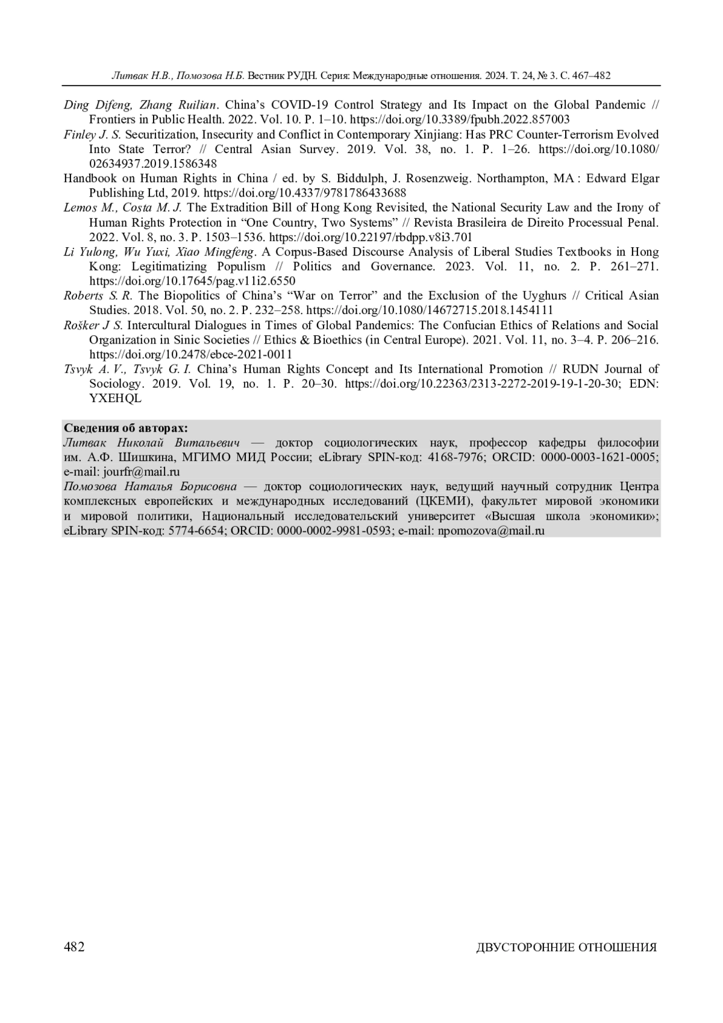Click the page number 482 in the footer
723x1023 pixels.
click(x=74, y=947)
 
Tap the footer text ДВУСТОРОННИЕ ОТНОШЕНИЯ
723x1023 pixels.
click(x=566, y=948)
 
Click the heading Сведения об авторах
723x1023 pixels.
click(x=126, y=428)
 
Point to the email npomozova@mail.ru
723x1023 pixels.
click(x=490, y=531)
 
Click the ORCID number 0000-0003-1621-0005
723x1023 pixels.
click(x=599, y=457)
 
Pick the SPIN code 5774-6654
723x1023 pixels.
click(x=198, y=531)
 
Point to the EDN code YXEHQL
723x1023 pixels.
click(x=115, y=398)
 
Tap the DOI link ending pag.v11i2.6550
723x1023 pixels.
click(x=193, y=281)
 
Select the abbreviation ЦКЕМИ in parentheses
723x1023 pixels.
click(x=446, y=502)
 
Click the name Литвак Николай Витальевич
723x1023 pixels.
click(x=152, y=442)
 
